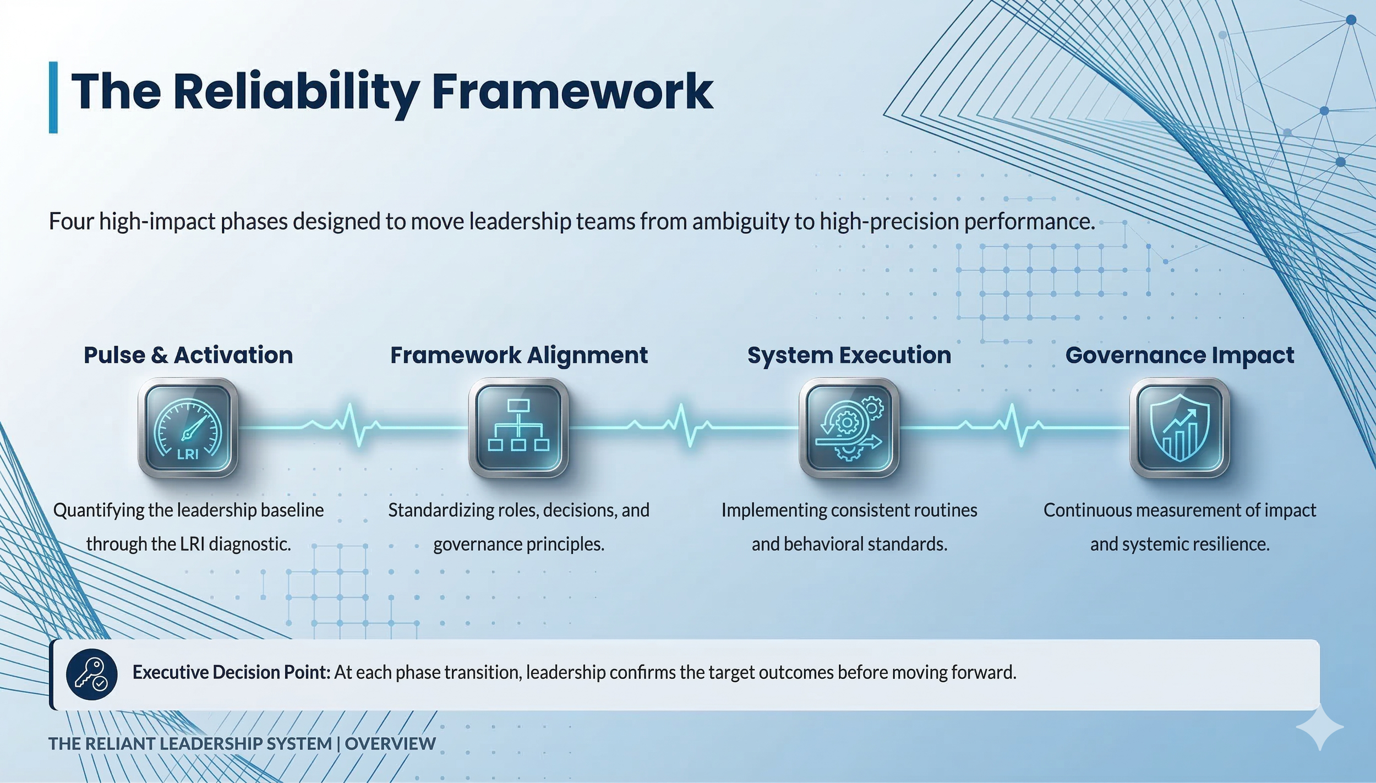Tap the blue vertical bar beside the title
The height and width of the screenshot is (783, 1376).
(x=53, y=97)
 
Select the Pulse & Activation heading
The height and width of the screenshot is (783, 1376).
(x=188, y=355)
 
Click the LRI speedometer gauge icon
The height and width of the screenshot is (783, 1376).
(x=188, y=428)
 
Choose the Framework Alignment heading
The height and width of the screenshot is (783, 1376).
(x=518, y=355)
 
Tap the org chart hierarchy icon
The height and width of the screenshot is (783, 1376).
(x=518, y=428)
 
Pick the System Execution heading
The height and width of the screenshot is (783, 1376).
(x=849, y=355)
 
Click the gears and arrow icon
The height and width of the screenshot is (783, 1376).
(x=849, y=428)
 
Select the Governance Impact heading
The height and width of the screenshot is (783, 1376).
(x=1180, y=355)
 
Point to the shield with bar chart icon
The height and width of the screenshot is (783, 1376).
(x=1180, y=428)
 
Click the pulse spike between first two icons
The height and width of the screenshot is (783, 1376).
(x=353, y=426)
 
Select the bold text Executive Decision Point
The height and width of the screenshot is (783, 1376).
(x=231, y=672)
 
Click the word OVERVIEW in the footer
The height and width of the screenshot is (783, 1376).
(x=390, y=743)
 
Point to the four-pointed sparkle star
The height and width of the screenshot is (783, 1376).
(x=1319, y=727)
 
